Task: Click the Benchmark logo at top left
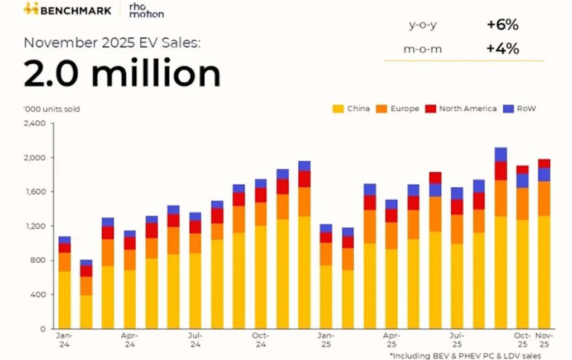[x=66, y=10]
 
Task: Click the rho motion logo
[x=146, y=10]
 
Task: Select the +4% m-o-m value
[x=503, y=49]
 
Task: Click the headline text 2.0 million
[x=122, y=74]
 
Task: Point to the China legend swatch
[x=338, y=108]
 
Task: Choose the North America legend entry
[x=461, y=108]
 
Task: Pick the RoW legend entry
[x=521, y=108]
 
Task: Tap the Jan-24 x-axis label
[x=65, y=339]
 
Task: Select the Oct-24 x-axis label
[x=260, y=339]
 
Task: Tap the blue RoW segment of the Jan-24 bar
[x=65, y=240]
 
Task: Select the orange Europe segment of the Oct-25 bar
[x=522, y=203]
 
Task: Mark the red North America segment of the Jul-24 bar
[x=196, y=226]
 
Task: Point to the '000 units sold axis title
[x=51, y=109]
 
